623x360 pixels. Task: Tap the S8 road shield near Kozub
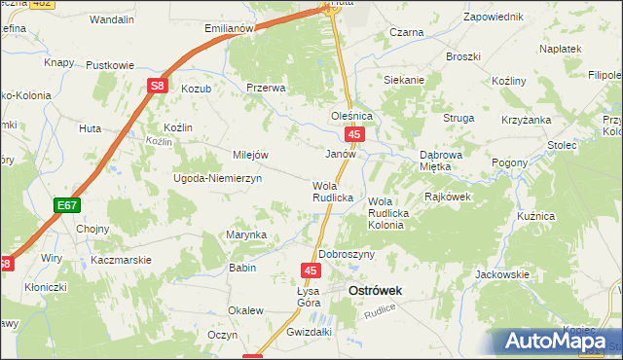point(157,87)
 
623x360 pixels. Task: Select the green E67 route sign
point(66,205)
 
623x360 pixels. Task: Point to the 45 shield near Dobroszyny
point(311,270)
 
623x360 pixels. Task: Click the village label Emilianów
point(229,28)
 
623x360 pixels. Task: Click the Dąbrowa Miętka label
point(448,161)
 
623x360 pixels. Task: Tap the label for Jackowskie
point(502,275)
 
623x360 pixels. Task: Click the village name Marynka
point(246,234)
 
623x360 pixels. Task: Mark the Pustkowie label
point(110,65)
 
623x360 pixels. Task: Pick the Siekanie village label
point(404,80)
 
